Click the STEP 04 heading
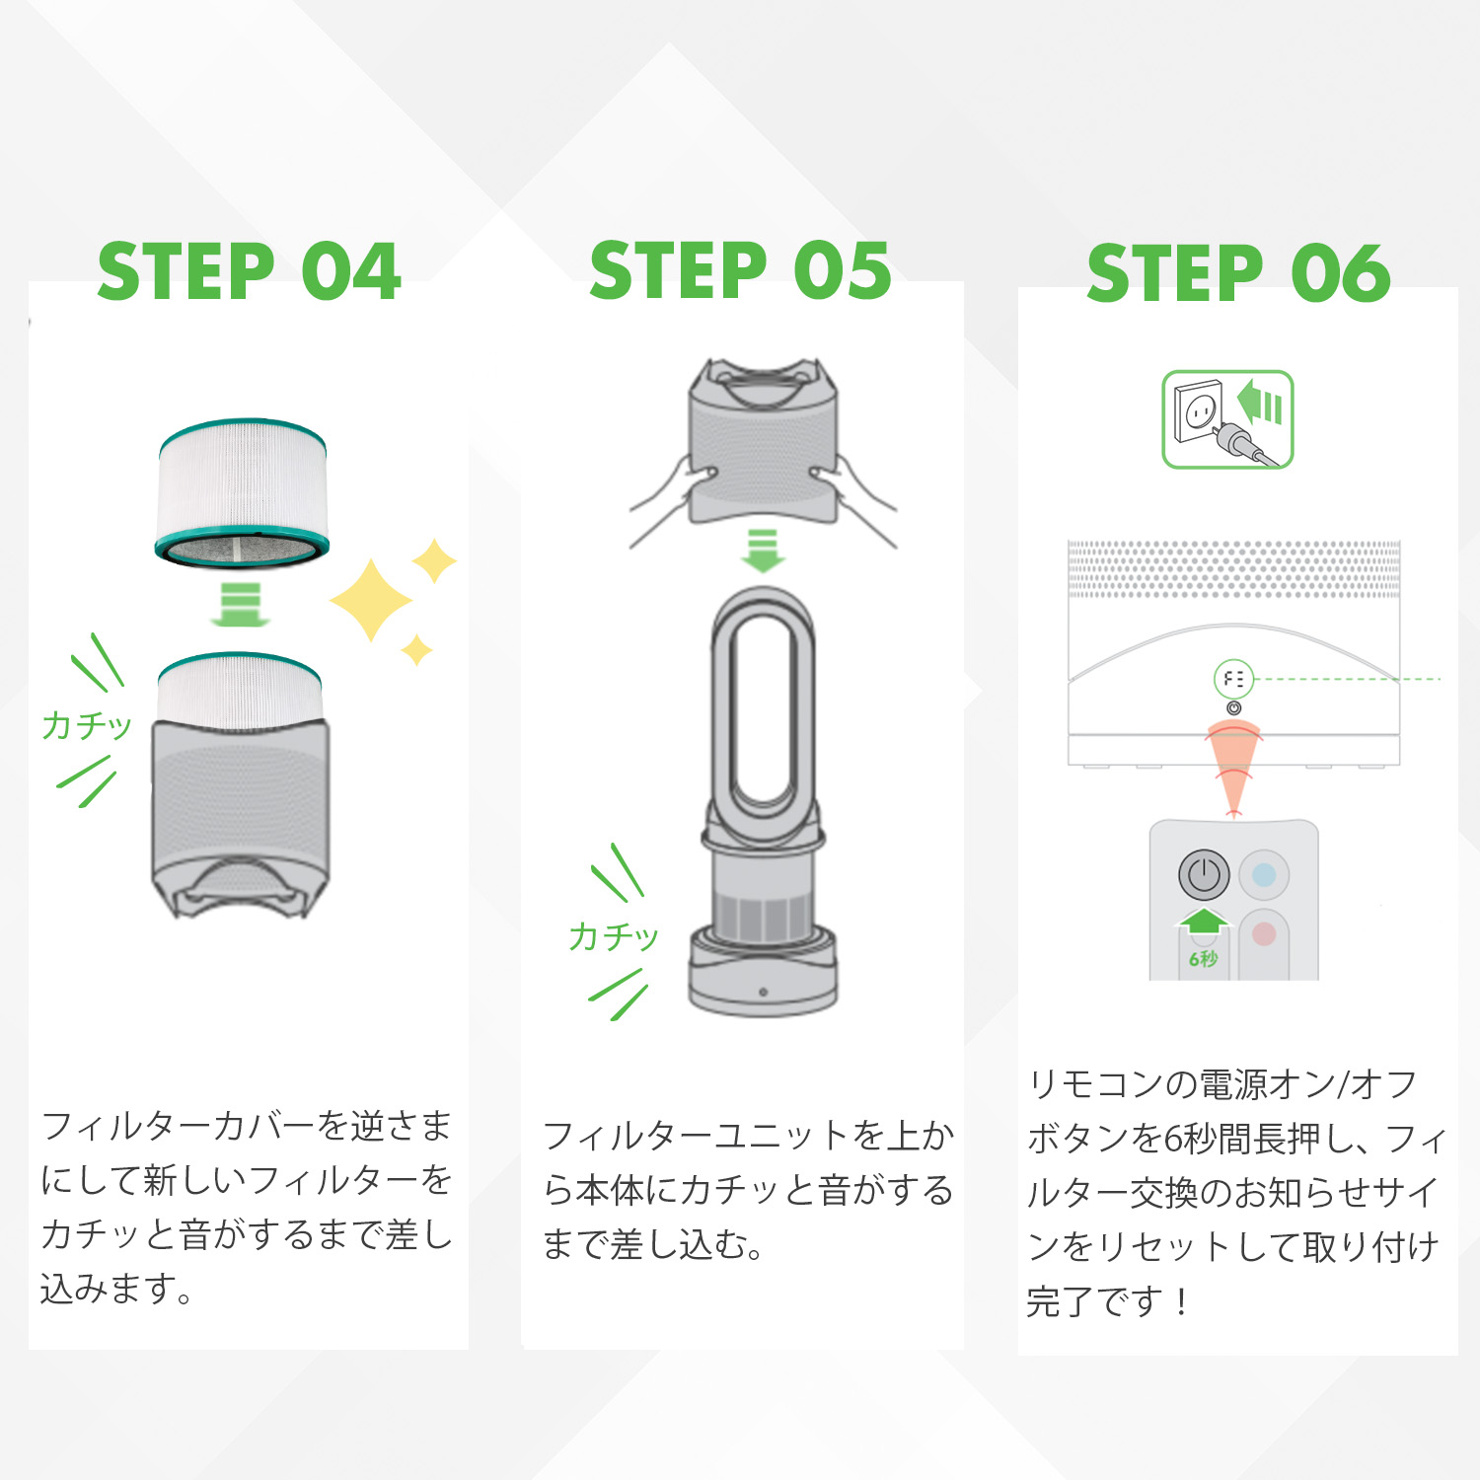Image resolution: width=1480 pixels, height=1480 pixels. point(249,272)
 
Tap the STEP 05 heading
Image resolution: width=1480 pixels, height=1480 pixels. point(740,271)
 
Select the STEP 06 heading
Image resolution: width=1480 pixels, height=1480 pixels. point(1238,274)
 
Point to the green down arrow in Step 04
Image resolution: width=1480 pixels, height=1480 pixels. point(240,604)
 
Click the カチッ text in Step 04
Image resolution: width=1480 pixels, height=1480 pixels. point(86,725)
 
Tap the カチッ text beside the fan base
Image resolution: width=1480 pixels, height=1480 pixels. point(613,935)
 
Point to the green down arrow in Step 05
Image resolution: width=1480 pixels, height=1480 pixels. point(763,550)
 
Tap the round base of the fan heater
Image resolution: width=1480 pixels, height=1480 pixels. point(763,977)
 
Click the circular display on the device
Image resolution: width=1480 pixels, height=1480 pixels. point(1233,679)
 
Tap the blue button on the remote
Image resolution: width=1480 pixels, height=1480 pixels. point(1264,874)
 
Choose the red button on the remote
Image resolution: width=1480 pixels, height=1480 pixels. point(1264,933)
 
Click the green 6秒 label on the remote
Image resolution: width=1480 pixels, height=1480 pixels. point(1203,958)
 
